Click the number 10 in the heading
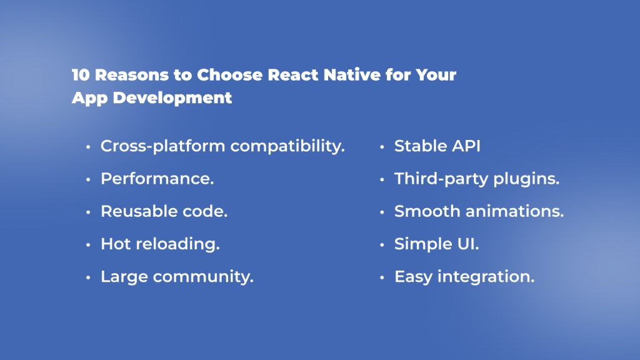point(80,76)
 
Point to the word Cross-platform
point(163,146)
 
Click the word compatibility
point(287,147)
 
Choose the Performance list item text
point(157,179)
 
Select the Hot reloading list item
point(160,244)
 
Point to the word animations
point(515,211)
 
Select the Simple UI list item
point(436,244)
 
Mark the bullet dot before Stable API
point(382,147)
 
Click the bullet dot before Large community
point(88,277)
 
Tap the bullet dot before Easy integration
point(382,277)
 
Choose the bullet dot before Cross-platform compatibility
point(88,147)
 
